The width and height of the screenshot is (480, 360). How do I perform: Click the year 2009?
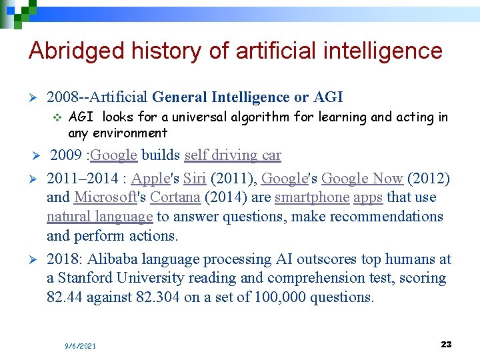[x=66, y=155]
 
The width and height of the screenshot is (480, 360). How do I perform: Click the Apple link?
[x=151, y=179]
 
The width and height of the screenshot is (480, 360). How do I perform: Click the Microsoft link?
[x=104, y=197]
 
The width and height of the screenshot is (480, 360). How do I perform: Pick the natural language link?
[x=99, y=217]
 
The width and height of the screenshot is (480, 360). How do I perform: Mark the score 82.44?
[x=64, y=297]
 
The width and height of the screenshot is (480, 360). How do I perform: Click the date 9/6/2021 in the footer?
[x=80, y=346]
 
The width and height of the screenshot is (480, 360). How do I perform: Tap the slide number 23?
[x=446, y=344]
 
